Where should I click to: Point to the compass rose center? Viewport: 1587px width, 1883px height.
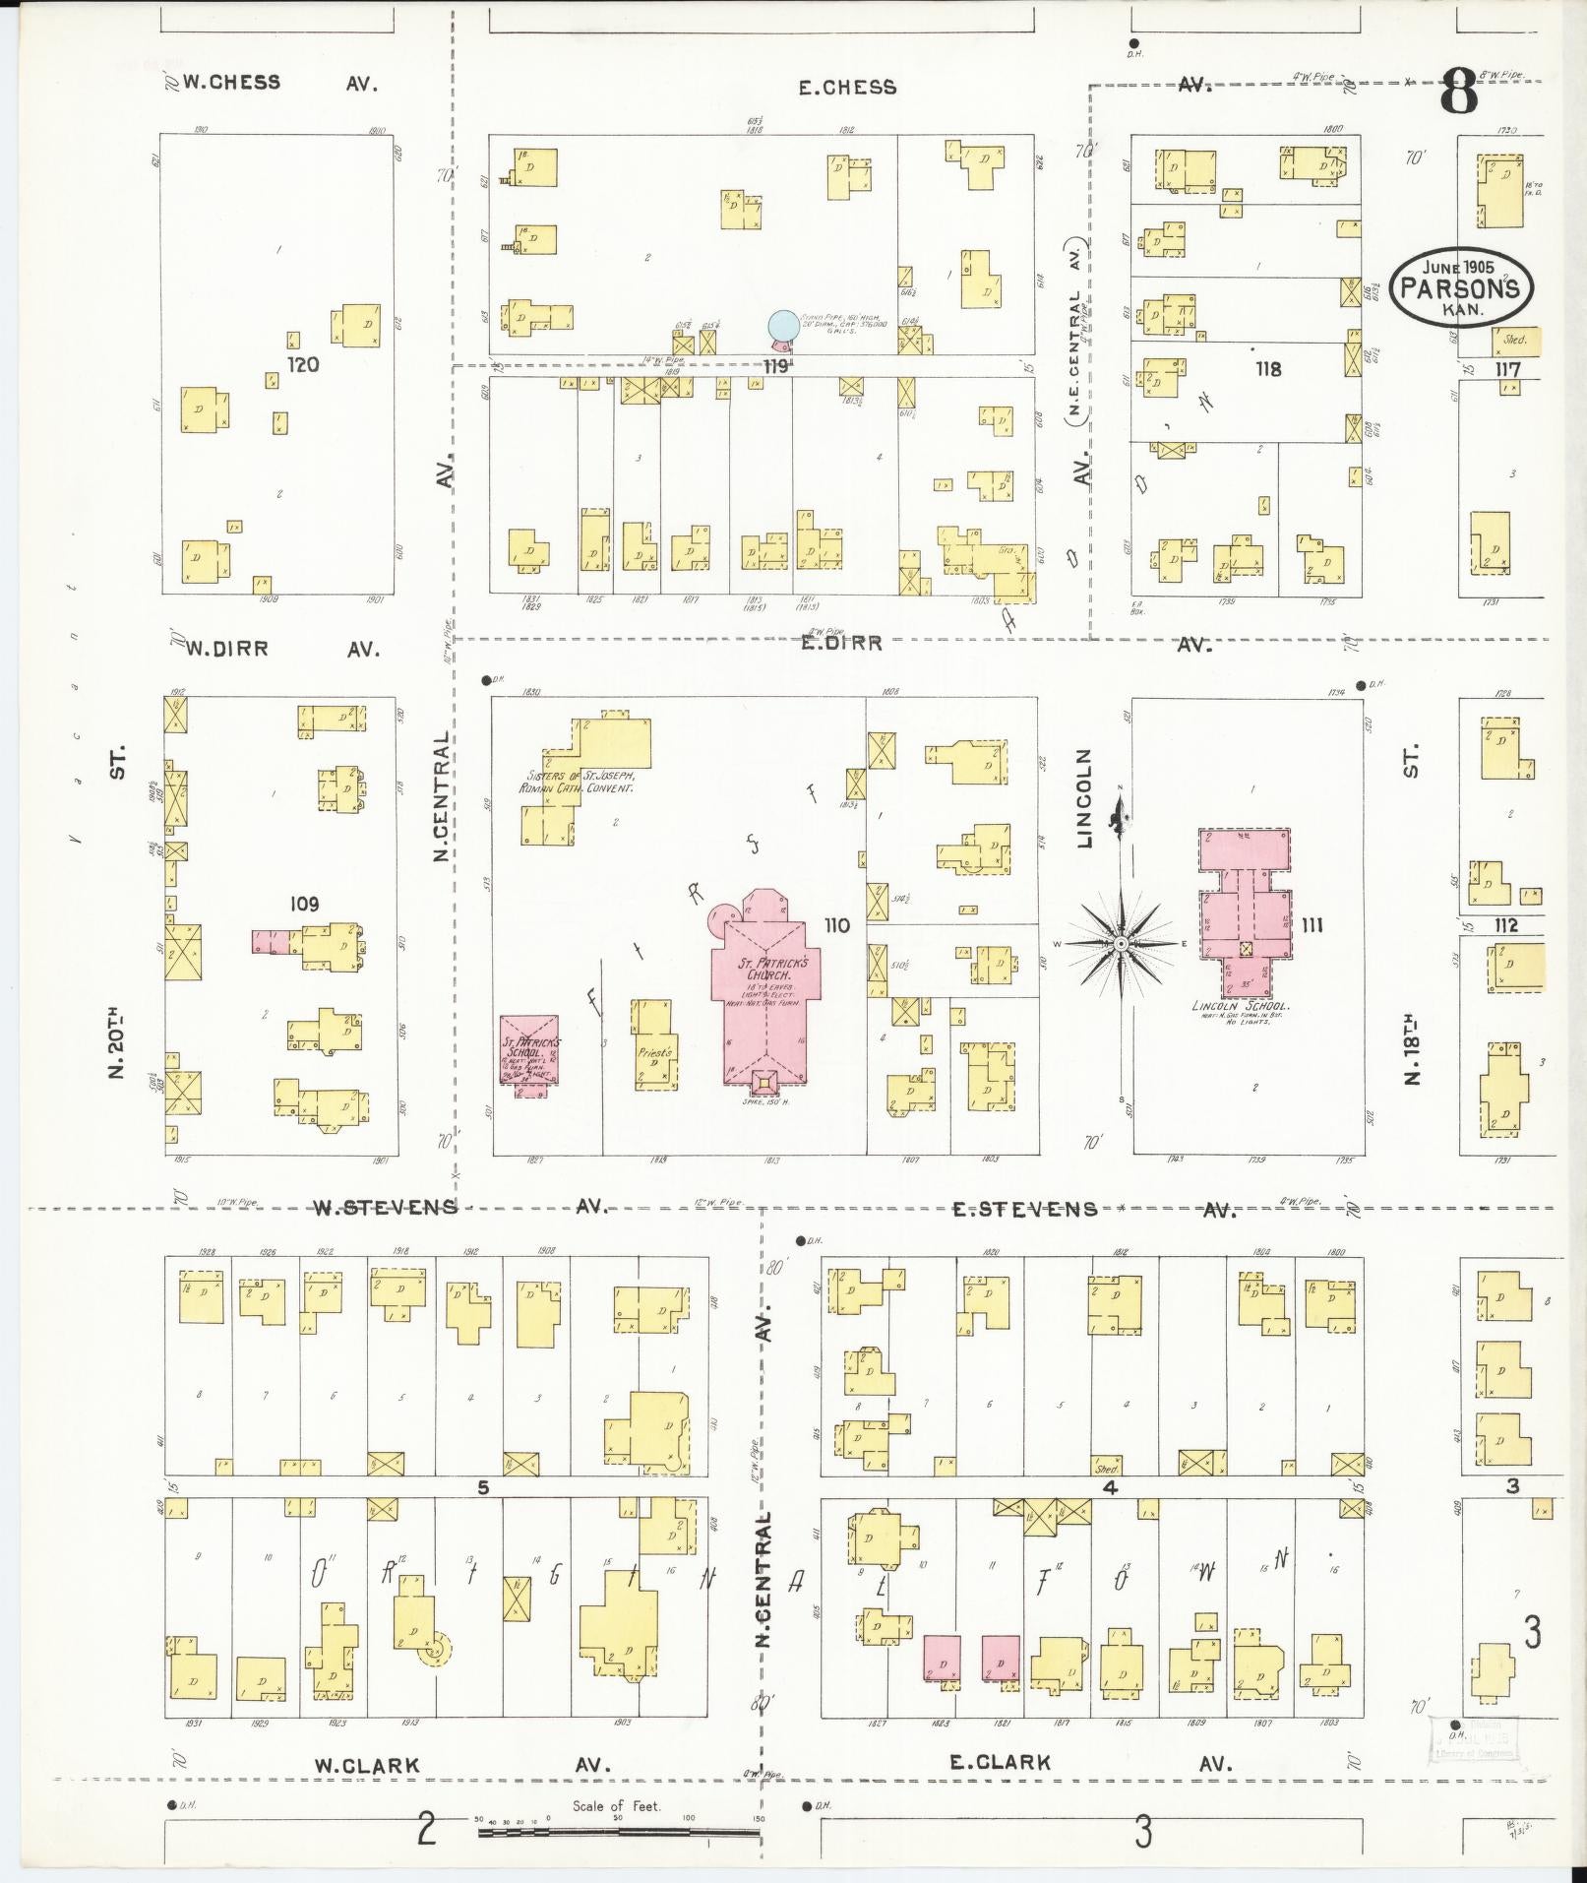(x=1121, y=944)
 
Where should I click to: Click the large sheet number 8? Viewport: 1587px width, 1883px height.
(x=1459, y=94)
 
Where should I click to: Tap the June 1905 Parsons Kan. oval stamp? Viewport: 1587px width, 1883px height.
(x=1461, y=284)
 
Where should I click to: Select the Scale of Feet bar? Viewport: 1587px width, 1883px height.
(x=618, y=1833)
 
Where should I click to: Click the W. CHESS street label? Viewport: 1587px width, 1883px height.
(x=232, y=83)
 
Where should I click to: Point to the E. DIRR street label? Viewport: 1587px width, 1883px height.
(x=839, y=644)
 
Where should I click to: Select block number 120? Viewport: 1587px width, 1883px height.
(x=302, y=365)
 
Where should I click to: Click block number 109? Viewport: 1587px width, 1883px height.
(x=304, y=903)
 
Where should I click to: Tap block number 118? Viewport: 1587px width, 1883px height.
(x=1268, y=369)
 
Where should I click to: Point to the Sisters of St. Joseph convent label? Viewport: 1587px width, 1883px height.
(x=577, y=782)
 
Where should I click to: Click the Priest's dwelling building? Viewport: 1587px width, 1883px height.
(x=654, y=1048)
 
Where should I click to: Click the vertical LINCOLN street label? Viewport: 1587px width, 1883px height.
(x=1085, y=797)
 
